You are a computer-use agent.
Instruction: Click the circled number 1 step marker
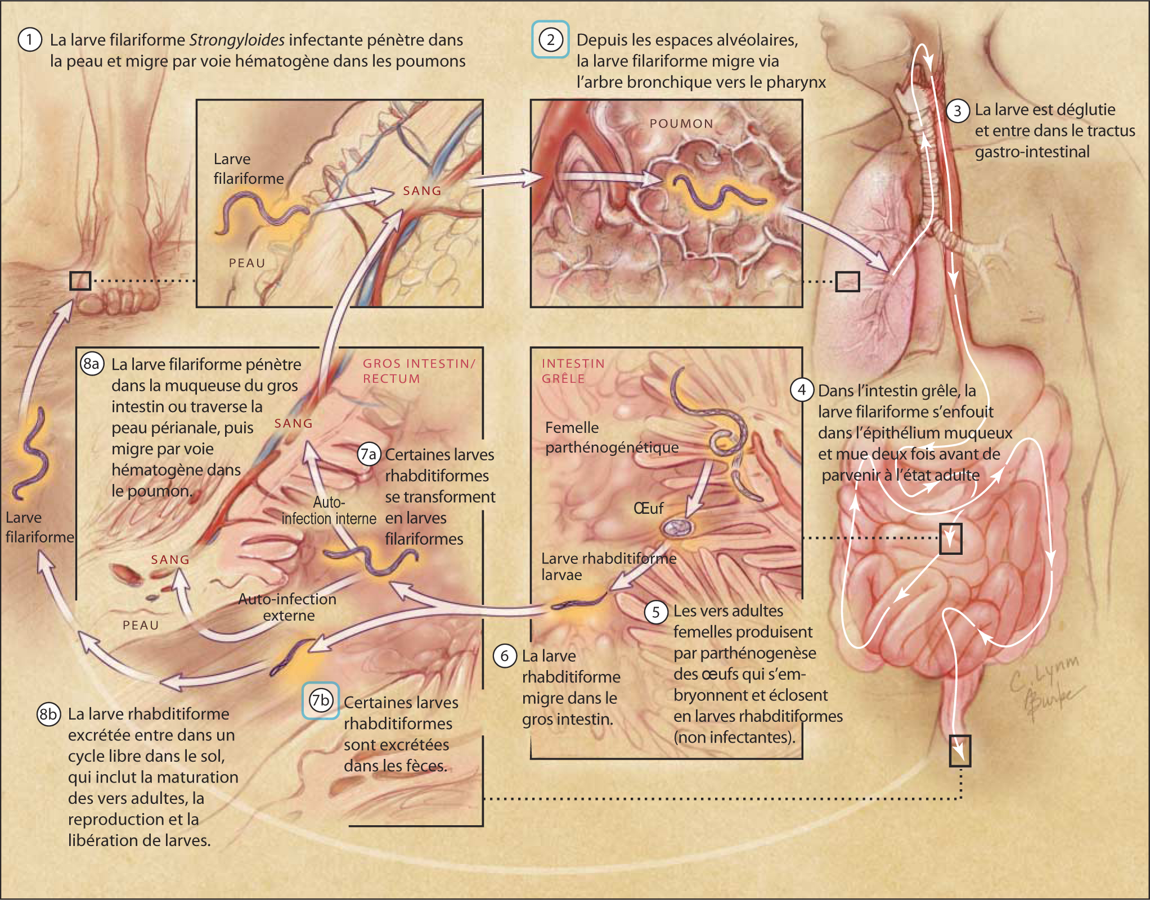pyautogui.click(x=30, y=40)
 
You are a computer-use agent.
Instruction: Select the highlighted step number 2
pyautogui.click(x=550, y=40)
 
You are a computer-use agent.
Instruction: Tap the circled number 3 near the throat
pyautogui.click(x=957, y=111)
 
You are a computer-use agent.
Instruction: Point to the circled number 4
pyautogui.click(x=801, y=390)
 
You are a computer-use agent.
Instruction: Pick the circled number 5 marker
pyautogui.click(x=655, y=612)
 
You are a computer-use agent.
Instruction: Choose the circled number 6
pyautogui.click(x=504, y=656)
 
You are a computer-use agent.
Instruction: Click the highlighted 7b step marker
pyautogui.click(x=320, y=700)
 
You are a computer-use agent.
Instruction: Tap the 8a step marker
pyautogui.click(x=92, y=364)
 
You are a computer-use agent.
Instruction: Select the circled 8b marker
pyautogui.click(x=48, y=714)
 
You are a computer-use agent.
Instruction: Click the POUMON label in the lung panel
pyautogui.click(x=681, y=124)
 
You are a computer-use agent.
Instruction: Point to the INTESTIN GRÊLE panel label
pyautogui.click(x=573, y=371)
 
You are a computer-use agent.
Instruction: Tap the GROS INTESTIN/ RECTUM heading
pyautogui.click(x=419, y=371)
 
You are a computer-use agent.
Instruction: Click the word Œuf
pyautogui.click(x=648, y=509)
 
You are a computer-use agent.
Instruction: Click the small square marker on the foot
pyautogui.click(x=80, y=281)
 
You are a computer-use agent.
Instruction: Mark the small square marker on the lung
pyautogui.click(x=847, y=282)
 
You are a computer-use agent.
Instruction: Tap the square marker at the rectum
pyautogui.click(x=960, y=751)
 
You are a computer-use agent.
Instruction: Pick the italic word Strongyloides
pyautogui.click(x=237, y=40)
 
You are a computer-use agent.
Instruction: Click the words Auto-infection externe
pyautogui.click(x=287, y=607)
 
